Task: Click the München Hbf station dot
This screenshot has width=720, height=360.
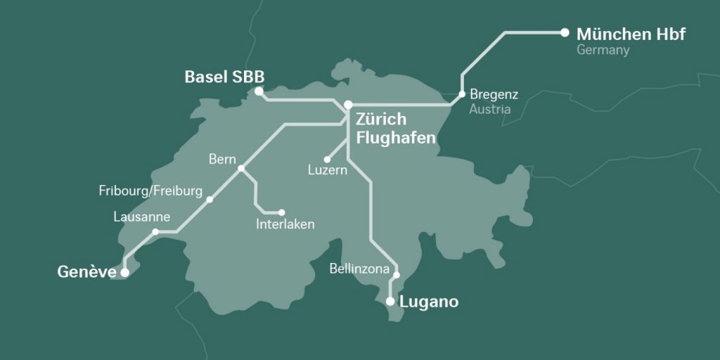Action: point(564,32)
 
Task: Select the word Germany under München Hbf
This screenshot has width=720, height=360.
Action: point(603,51)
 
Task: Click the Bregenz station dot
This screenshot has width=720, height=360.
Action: point(462,94)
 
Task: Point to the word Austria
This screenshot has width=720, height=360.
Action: point(490,110)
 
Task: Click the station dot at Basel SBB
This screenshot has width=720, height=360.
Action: point(259,91)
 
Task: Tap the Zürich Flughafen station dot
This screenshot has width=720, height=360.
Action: point(347,105)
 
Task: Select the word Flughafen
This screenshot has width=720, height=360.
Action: point(396,137)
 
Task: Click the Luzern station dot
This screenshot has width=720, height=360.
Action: point(327,160)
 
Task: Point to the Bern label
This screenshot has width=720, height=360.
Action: point(222,159)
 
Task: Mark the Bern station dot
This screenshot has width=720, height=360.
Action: point(241,168)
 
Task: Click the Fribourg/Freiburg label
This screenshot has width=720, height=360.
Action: point(150,191)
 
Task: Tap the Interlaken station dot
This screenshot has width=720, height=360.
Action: point(282,212)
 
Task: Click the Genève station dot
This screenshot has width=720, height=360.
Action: point(124,271)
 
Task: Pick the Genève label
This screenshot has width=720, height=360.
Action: point(86,271)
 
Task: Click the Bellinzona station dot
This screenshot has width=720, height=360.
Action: point(396,275)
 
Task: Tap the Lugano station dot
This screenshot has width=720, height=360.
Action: point(390,301)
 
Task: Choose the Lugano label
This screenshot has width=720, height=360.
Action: point(428,302)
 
